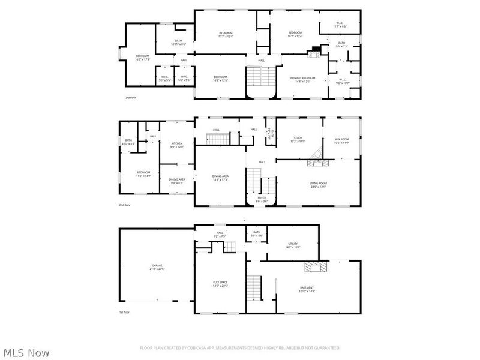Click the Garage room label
coord(158,266)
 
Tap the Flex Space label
coord(220,283)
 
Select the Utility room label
coord(293,244)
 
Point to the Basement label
coord(307,289)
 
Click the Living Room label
coord(318,184)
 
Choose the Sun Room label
coord(341,140)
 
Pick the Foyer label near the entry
coord(262,199)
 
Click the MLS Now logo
coord(26,353)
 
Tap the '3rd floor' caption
coord(130,97)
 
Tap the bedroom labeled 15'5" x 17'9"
coord(142,57)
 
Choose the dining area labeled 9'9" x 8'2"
coord(176,181)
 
